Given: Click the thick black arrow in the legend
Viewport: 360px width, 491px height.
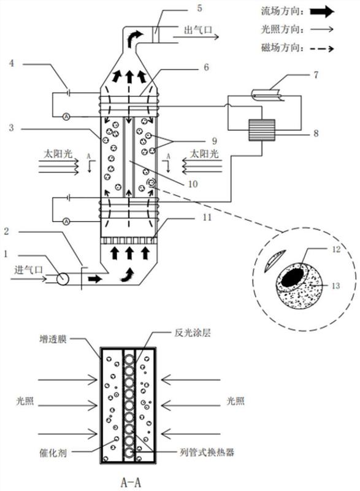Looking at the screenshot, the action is pyautogui.click(x=322, y=12).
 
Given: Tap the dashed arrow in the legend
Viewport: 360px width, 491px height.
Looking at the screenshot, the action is pyautogui.click(x=322, y=48).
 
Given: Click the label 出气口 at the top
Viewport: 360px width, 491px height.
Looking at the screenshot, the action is pyautogui.click(x=198, y=30).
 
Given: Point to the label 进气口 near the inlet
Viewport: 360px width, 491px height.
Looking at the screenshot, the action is pyautogui.click(x=28, y=269).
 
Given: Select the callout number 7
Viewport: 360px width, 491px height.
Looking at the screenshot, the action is pyautogui.click(x=316, y=74).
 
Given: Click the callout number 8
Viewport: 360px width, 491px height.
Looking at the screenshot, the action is pyautogui.click(x=316, y=133).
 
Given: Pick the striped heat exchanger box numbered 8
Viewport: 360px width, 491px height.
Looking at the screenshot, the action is pyautogui.click(x=261, y=130).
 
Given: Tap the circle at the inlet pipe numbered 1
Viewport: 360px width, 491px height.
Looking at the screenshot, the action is pyautogui.click(x=62, y=278).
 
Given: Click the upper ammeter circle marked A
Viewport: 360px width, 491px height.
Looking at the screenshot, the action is pyautogui.click(x=66, y=116).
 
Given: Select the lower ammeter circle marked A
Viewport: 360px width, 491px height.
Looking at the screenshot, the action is pyautogui.click(x=66, y=221).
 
